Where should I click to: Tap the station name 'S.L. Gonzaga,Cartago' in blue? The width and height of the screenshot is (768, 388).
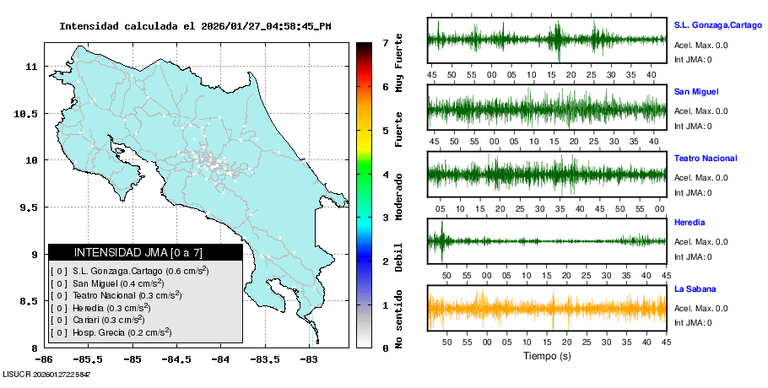tap(717, 24)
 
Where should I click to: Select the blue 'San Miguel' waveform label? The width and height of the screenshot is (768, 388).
tap(696, 91)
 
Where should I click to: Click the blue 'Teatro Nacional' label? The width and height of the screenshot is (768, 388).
tap(706, 159)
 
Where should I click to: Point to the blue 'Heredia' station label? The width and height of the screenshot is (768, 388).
tap(690, 223)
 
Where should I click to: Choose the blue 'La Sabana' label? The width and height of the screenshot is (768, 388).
tap(695, 289)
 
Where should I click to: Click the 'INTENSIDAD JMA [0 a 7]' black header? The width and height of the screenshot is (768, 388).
tap(145, 252)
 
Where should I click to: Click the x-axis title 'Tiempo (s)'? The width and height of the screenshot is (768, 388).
tap(547, 356)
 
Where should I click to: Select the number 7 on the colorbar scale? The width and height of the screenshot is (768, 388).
tap(385, 42)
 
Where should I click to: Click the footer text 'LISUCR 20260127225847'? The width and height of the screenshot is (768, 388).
tap(46, 374)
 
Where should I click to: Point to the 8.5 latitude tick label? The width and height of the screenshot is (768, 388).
tap(33, 301)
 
